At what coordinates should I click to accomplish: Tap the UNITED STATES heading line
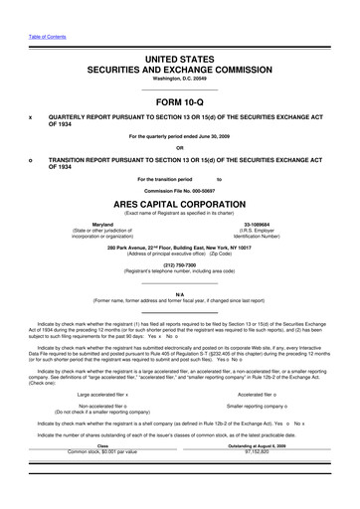(x=180, y=61)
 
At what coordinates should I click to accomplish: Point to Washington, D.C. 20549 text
(x=180, y=84)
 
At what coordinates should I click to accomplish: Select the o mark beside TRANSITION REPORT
(x=32, y=159)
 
